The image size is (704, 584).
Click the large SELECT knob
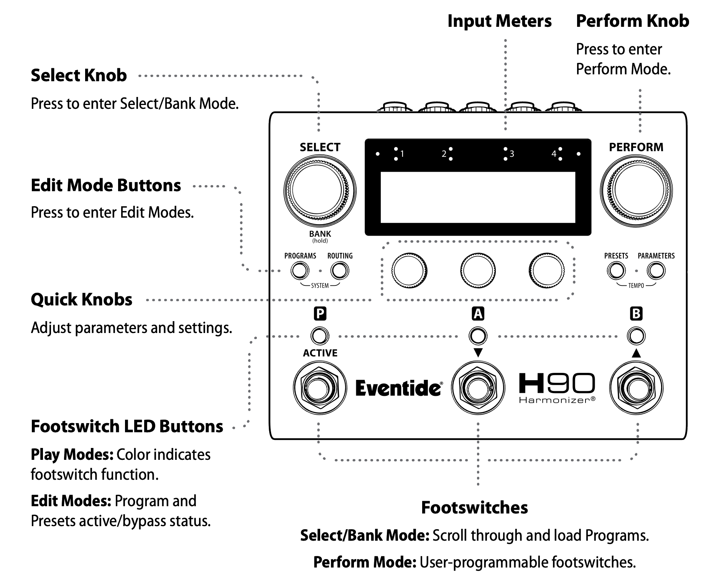pyautogui.click(x=320, y=190)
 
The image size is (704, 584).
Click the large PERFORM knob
pyautogui.click(x=636, y=190)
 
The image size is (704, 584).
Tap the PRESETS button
pyautogui.click(x=616, y=271)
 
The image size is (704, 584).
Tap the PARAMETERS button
pyautogui.click(x=656, y=271)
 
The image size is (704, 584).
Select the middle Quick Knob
pyautogui.click(x=478, y=270)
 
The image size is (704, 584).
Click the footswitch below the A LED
pyautogui.click(x=478, y=388)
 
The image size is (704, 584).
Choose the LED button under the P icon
pyautogui.click(x=319, y=336)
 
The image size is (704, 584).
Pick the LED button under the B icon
pyautogui.click(x=636, y=336)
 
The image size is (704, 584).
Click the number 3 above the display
pyautogui.click(x=512, y=154)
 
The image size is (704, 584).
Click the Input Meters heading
pyautogui.click(x=499, y=21)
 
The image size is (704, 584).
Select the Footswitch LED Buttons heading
pyautogui.click(x=127, y=426)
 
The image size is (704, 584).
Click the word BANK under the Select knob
pyautogui.click(x=320, y=234)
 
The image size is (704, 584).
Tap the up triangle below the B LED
pyautogui.click(x=636, y=353)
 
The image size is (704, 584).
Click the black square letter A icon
pyautogui.click(x=478, y=314)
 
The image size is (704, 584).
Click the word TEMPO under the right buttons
pyautogui.click(x=636, y=286)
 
